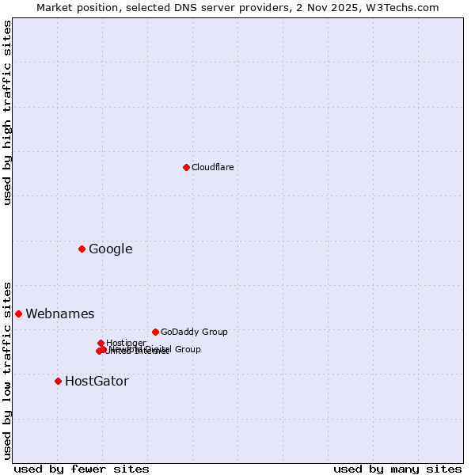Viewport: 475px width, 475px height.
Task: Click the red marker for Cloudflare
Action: pyautogui.click(x=186, y=167)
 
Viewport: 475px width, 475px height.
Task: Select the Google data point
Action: pyautogui.click(x=82, y=249)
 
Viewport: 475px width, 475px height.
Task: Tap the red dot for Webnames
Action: pyautogui.click(x=18, y=313)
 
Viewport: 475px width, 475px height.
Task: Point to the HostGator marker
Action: pyautogui.click(x=58, y=381)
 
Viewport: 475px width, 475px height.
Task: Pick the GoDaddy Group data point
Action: pyautogui.click(x=155, y=332)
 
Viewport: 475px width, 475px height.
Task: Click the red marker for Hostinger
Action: pyautogui.click(x=101, y=343)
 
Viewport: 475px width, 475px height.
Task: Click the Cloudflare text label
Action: pyautogui.click(x=212, y=167)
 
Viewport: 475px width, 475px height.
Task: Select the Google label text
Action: pyautogui.click(x=110, y=249)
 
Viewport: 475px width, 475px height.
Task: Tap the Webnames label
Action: pyautogui.click(x=59, y=314)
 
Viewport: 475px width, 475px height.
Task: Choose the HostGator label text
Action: pyautogui.click(x=97, y=382)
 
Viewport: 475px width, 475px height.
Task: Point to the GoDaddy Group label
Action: pyautogui.click(x=194, y=332)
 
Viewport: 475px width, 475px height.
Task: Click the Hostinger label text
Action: pyautogui.click(x=126, y=343)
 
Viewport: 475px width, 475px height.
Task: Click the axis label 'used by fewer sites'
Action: pyautogui.click(x=82, y=469)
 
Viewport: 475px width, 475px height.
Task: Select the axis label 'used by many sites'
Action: pyautogui.click(x=397, y=469)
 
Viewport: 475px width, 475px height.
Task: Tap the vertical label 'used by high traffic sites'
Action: pyautogui.click(x=7, y=112)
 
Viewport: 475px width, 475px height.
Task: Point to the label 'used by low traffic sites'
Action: pyautogui.click(x=7, y=370)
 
